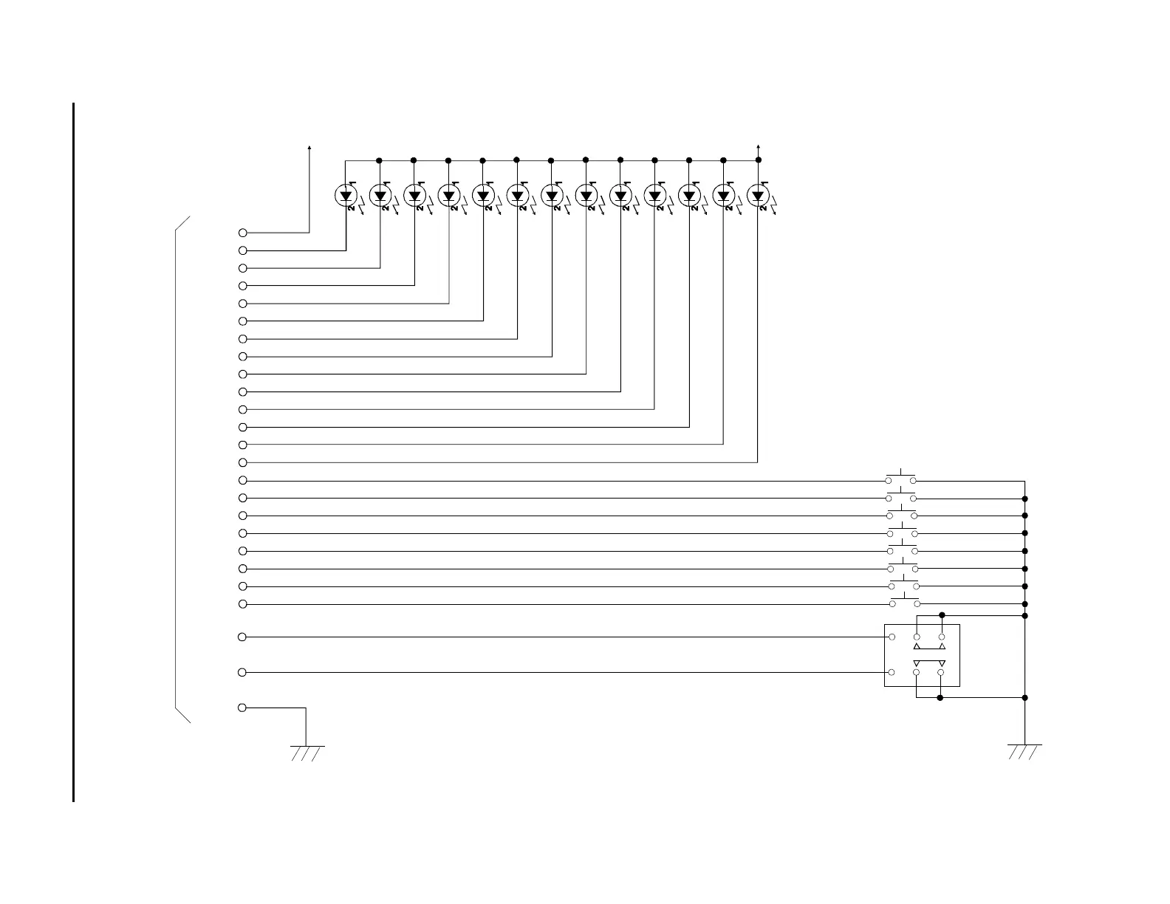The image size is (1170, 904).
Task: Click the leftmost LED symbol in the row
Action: (x=346, y=196)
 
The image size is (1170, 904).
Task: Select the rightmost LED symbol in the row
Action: (x=757, y=196)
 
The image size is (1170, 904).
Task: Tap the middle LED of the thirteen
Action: (x=552, y=196)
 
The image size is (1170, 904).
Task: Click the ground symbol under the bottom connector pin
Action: (x=307, y=752)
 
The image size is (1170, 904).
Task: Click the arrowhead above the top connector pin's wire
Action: (x=309, y=148)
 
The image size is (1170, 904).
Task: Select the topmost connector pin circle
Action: (x=242, y=233)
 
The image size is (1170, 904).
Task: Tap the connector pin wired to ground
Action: (x=242, y=708)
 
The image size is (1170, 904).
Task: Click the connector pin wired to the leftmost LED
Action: (x=242, y=250)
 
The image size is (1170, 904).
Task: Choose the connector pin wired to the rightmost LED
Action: (x=242, y=462)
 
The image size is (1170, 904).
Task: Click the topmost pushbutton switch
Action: (x=901, y=478)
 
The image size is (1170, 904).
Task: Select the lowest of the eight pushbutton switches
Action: (x=904, y=601)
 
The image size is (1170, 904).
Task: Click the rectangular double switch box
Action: (x=922, y=655)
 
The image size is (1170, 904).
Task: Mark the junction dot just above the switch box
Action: (x=942, y=615)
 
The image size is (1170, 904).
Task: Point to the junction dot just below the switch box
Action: (x=940, y=697)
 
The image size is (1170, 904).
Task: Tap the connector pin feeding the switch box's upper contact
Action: (x=242, y=637)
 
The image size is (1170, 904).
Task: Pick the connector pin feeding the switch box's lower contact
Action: (x=242, y=672)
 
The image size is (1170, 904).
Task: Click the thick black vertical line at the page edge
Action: (x=74, y=451)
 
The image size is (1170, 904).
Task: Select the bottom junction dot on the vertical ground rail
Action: (x=1024, y=697)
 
